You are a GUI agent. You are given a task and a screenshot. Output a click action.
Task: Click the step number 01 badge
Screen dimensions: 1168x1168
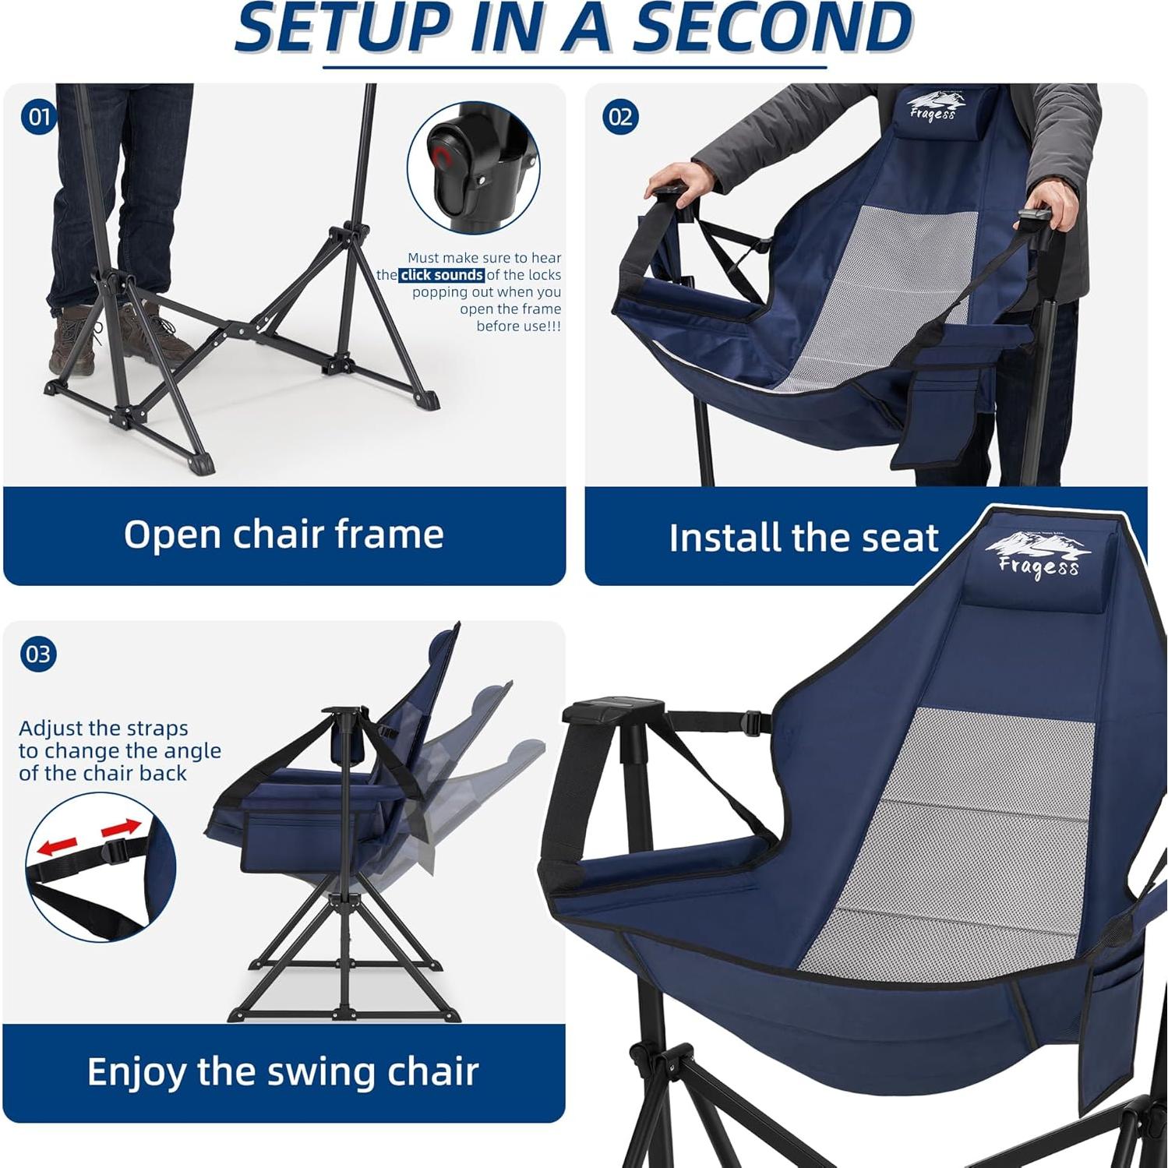point(38,118)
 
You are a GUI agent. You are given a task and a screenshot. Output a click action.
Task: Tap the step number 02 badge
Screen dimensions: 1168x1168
point(620,118)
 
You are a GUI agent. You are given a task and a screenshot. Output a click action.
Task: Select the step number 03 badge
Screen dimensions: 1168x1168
point(38,654)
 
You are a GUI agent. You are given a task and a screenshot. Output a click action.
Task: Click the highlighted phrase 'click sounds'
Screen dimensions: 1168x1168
point(442,275)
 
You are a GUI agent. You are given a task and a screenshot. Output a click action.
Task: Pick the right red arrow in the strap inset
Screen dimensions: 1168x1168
point(122,827)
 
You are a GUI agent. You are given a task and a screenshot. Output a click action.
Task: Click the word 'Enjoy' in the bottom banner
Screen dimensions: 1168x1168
point(136,1072)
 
